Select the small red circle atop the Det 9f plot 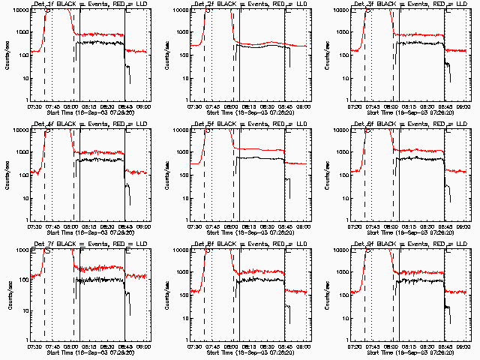[x=367, y=250]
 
